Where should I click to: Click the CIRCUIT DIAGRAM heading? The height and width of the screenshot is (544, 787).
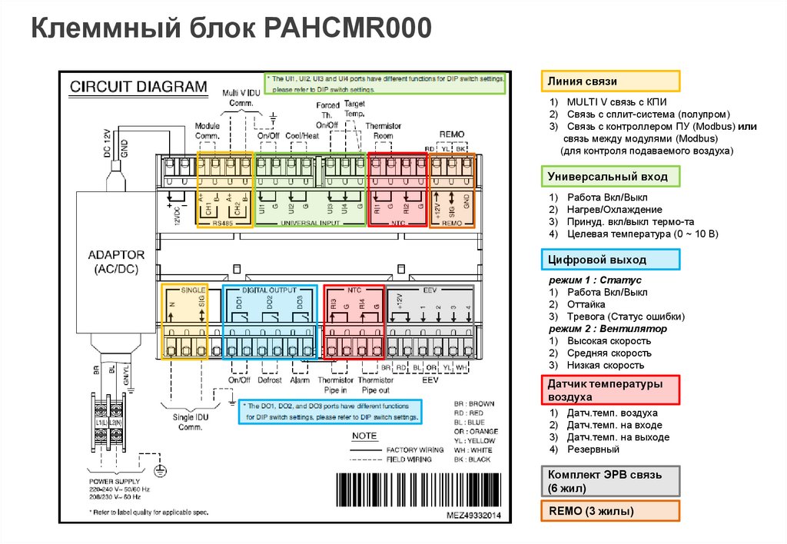pyautogui.click(x=138, y=86)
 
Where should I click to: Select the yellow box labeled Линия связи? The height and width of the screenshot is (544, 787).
pyautogui.click(x=610, y=81)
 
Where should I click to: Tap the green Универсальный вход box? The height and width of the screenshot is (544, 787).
pyautogui.click(x=610, y=177)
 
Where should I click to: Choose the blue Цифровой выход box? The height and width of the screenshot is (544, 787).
pyautogui.click(x=610, y=260)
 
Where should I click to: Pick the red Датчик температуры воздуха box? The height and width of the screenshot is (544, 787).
pyautogui.click(x=610, y=390)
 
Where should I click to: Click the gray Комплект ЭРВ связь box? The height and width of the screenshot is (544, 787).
pyautogui.click(x=610, y=481)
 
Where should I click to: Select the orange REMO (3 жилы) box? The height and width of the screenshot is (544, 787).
pyautogui.click(x=610, y=511)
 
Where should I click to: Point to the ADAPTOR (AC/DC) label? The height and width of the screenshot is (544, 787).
pyautogui.click(x=116, y=262)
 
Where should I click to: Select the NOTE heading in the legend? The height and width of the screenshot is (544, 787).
pyautogui.click(x=364, y=436)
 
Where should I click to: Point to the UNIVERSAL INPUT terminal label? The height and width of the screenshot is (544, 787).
pyautogui.click(x=310, y=223)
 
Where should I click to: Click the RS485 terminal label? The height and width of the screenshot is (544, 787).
pyautogui.click(x=226, y=223)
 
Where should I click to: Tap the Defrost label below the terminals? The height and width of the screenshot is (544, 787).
pyautogui.click(x=270, y=380)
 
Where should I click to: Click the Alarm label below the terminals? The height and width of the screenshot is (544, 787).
pyautogui.click(x=300, y=380)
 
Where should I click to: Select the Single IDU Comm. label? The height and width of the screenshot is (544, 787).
pyautogui.click(x=189, y=421)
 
